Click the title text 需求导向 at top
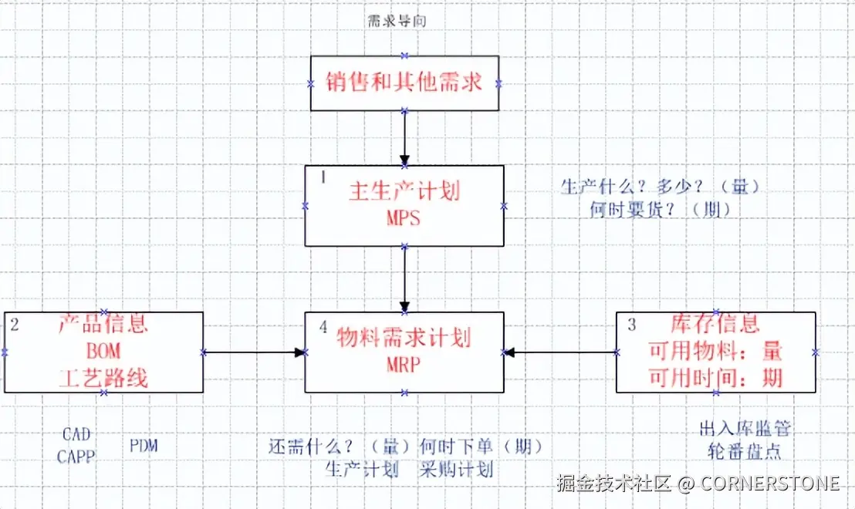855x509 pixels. (x=397, y=22)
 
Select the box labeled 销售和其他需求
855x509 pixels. (x=405, y=83)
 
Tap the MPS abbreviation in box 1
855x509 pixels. (x=404, y=218)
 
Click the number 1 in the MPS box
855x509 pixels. (x=323, y=177)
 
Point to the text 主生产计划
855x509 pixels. (x=404, y=192)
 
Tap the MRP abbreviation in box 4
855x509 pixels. (x=404, y=365)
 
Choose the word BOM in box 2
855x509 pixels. (x=103, y=352)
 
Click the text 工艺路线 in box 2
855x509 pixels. (x=103, y=378)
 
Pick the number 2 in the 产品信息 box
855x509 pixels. (x=15, y=325)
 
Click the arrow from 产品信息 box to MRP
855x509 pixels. (x=254, y=352)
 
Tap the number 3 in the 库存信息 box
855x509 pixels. (x=632, y=325)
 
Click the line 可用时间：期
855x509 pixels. (x=715, y=377)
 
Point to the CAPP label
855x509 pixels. (x=76, y=457)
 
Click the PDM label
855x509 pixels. (x=144, y=445)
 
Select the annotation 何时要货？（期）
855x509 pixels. (x=660, y=209)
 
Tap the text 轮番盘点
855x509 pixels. (x=745, y=452)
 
